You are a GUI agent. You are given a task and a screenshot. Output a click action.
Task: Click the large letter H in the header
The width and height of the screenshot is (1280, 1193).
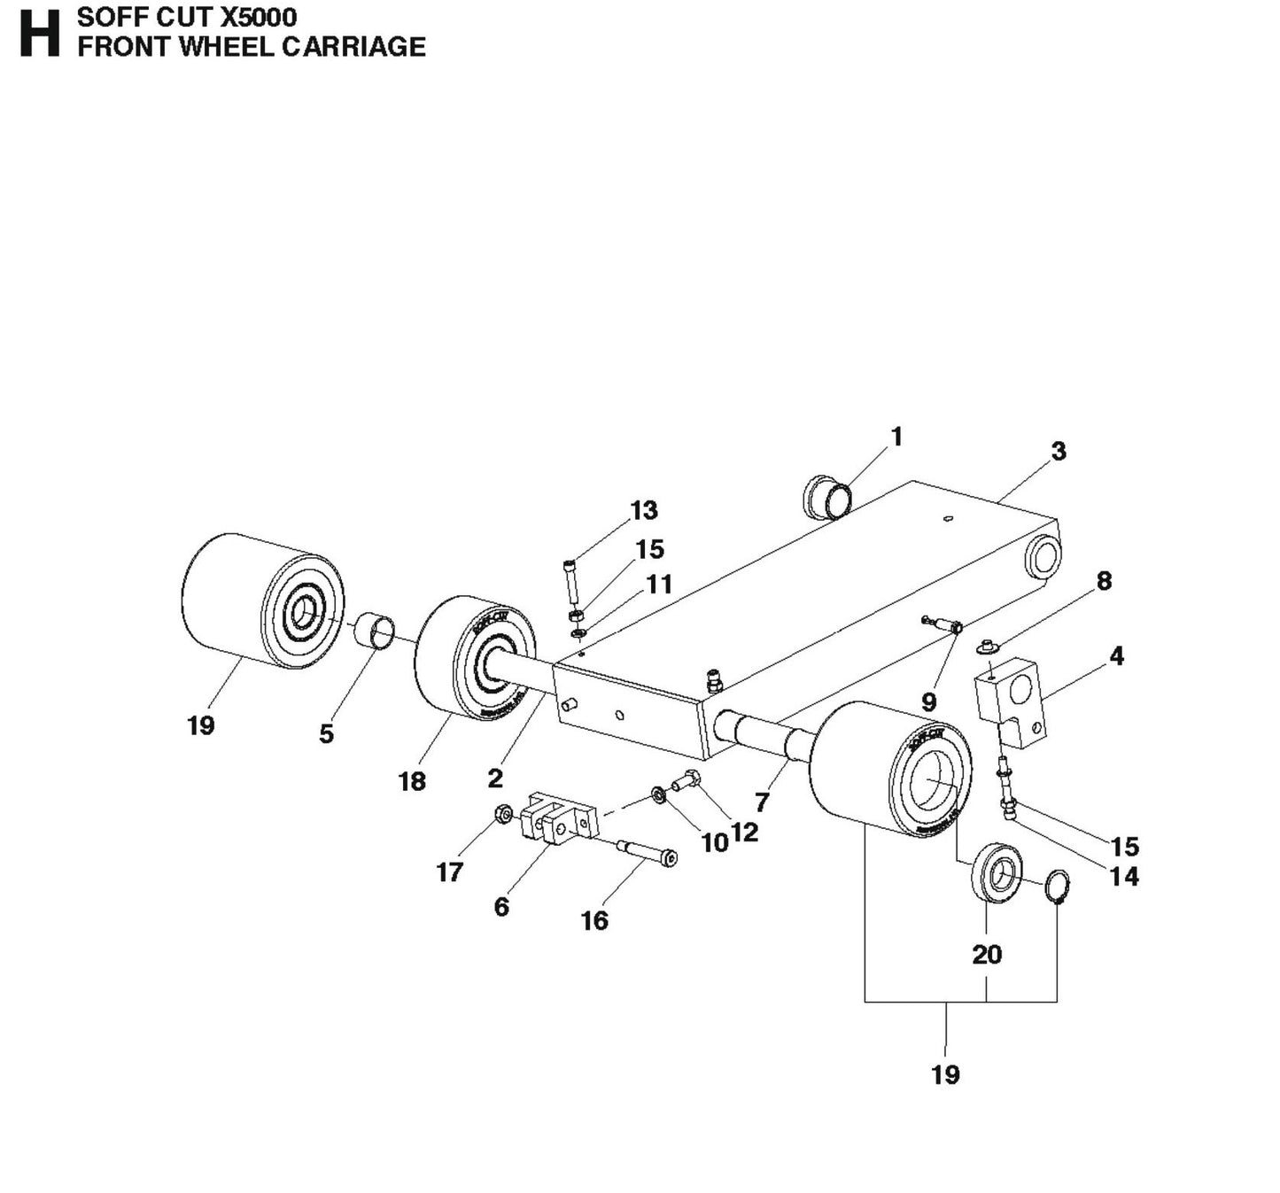[39, 34]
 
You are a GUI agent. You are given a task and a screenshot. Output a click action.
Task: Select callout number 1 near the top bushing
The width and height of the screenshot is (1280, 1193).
[896, 437]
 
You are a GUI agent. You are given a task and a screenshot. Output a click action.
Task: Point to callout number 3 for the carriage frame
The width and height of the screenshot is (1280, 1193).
[1059, 451]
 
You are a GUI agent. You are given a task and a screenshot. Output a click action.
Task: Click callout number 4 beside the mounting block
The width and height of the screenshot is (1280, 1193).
[1116, 656]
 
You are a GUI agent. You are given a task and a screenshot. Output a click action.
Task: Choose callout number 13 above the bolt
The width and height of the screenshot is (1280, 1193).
[644, 510]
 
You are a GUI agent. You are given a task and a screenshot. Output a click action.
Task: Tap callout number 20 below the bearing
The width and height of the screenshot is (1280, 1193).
[987, 954]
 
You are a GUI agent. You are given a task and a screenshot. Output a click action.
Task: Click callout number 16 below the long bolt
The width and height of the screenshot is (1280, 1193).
[594, 921]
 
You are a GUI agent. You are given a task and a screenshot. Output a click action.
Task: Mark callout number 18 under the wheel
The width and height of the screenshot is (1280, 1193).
[412, 781]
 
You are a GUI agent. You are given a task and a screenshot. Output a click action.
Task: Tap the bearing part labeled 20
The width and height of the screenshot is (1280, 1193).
[999, 874]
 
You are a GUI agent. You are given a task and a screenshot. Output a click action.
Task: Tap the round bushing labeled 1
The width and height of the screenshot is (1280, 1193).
[827, 498]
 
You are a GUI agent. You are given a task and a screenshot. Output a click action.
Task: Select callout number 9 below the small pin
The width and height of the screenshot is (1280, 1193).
[928, 702]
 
